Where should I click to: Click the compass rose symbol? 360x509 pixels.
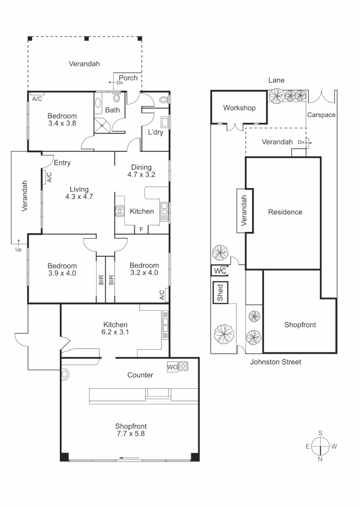[x=320, y=446]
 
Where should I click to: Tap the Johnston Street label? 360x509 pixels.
[x=275, y=362]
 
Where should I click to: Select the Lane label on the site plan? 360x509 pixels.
[x=276, y=80]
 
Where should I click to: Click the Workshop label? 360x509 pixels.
[x=239, y=108]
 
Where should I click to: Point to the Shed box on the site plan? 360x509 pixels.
[x=220, y=292]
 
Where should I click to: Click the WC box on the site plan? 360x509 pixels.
[x=220, y=271]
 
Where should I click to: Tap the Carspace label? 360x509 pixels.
[x=321, y=115]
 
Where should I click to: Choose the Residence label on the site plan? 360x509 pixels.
[x=285, y=212]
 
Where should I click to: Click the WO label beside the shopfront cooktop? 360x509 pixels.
[x=172, y=366]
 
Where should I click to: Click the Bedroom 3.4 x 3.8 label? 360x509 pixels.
[x=62, y=120]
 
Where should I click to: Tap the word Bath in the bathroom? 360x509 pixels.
[x=112, y=110]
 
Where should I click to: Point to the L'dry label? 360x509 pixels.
[x=155, y=132]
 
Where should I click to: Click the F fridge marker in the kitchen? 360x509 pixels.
[x=140, y=230]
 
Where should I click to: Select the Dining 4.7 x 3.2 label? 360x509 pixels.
[x=141, y=171]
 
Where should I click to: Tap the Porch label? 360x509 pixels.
[x=128, y=78]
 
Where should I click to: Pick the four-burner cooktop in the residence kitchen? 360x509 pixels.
[x=120, y=212]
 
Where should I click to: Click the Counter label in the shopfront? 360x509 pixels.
[x=140, y=375]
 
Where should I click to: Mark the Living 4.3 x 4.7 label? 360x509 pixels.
[x=79, y=193]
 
